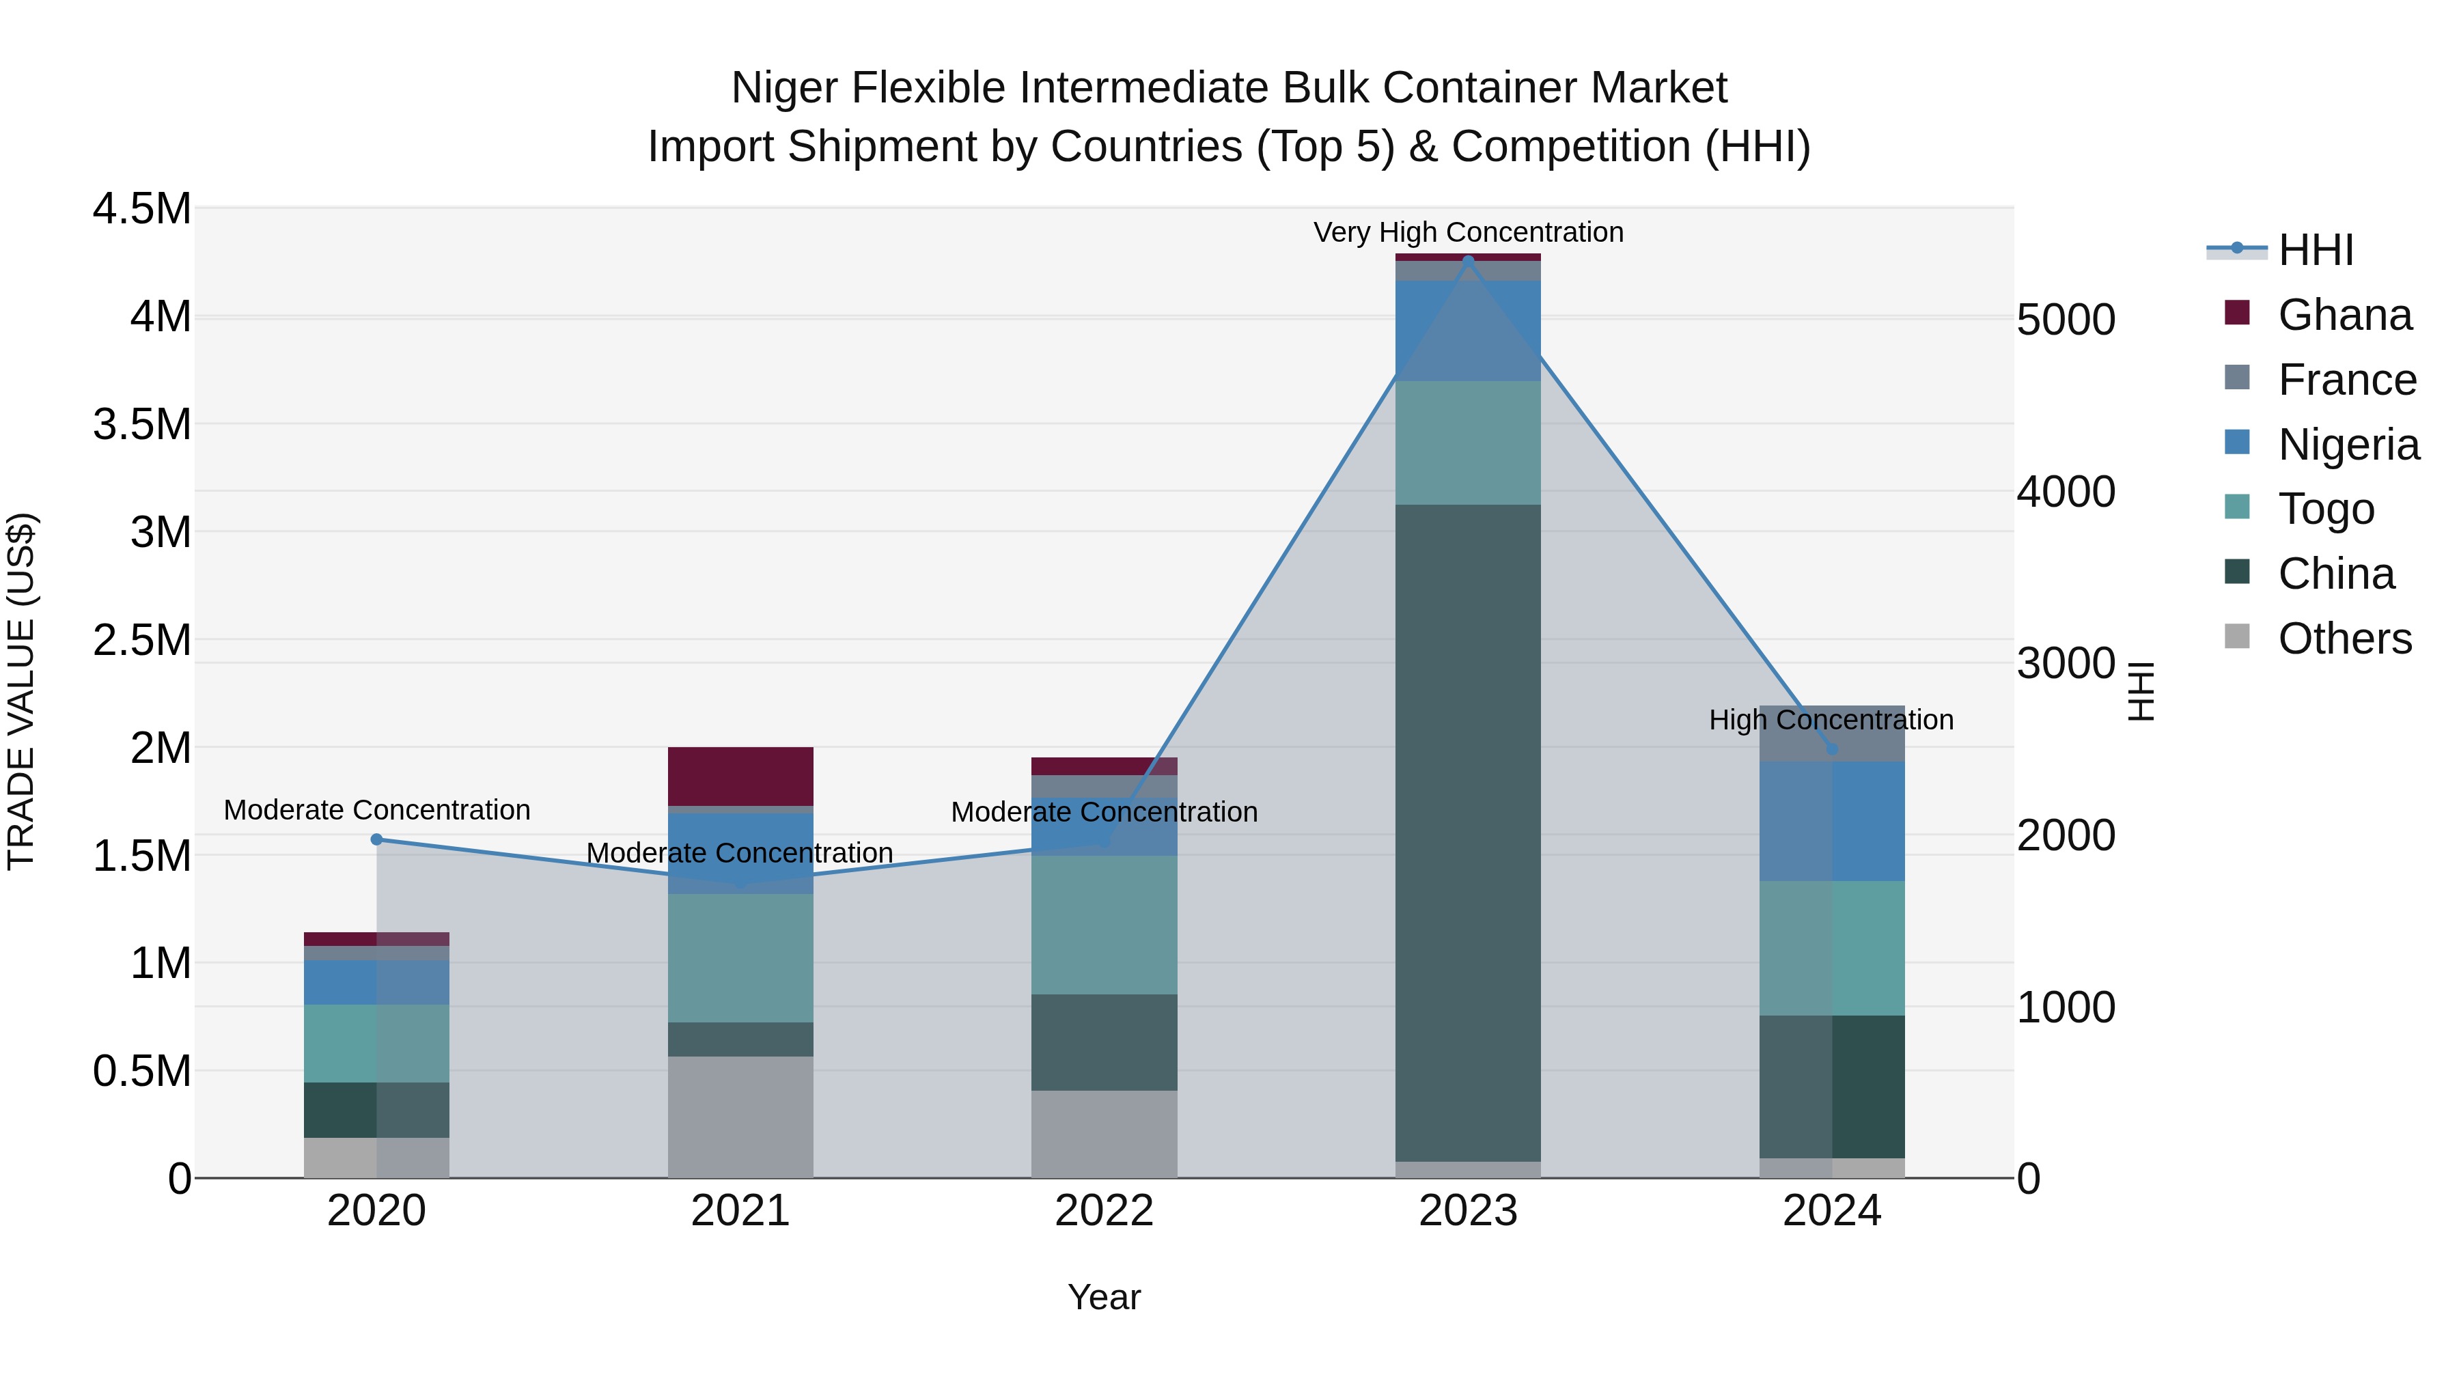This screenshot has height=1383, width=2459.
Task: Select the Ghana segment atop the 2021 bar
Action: pos(740,776)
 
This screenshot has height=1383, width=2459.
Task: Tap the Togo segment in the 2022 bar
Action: pos(1104,925)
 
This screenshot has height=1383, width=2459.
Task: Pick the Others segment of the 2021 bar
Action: pos(740,1117)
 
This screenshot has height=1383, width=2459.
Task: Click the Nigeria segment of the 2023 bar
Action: pos(1467,331)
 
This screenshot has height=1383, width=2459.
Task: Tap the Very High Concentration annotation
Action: pos(1467,232)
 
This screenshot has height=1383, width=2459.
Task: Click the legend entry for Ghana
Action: pos(2344,315)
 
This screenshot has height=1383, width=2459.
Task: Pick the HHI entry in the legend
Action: pos(2315,250)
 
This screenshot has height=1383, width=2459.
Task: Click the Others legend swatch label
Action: pos(2344,639)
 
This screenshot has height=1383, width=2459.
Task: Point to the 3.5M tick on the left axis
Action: pos(142,423)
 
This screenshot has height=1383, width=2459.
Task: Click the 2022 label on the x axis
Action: pos(1104,1211)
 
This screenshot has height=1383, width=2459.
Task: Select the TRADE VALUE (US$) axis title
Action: pos(21,691)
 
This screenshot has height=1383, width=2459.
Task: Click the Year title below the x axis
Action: pos(1104,1297)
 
